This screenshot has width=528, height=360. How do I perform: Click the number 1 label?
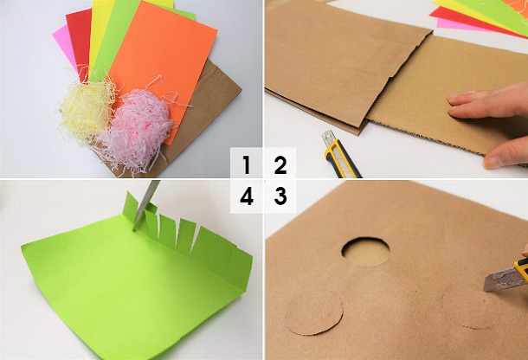(247, 164)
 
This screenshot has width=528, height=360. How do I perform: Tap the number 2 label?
(280, 164)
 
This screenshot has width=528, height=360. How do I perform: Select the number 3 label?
(280, 196)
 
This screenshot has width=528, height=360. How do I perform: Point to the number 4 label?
(247, 196)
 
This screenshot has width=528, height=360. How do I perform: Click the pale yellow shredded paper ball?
(86, 108)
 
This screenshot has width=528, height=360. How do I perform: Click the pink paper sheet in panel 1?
(62, 39)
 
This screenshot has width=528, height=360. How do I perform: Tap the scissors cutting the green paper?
(145, 202)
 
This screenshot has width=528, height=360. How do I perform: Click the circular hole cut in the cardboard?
(365, 251)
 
